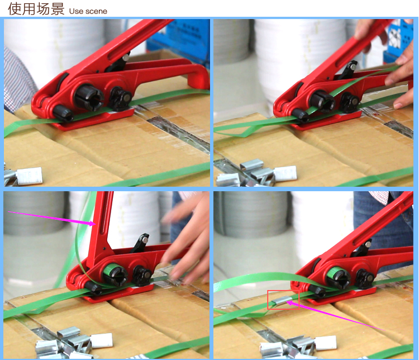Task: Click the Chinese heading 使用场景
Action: tap(36, 8)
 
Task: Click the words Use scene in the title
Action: tap(88, 11)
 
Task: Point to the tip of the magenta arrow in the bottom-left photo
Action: tap(96, 224)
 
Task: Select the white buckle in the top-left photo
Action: tap(29, 176)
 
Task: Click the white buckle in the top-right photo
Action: tap(285, 173)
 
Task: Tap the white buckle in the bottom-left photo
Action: tap(102, 340)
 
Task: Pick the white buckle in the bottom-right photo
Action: tap(326, 343)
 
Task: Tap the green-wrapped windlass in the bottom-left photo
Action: tap(115, 273)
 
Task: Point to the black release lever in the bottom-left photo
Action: tap(140, 243)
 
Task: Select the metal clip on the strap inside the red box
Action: tap(279, 302)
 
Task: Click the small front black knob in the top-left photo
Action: tap(63, 113)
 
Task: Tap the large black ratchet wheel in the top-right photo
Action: tap(322, 102)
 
